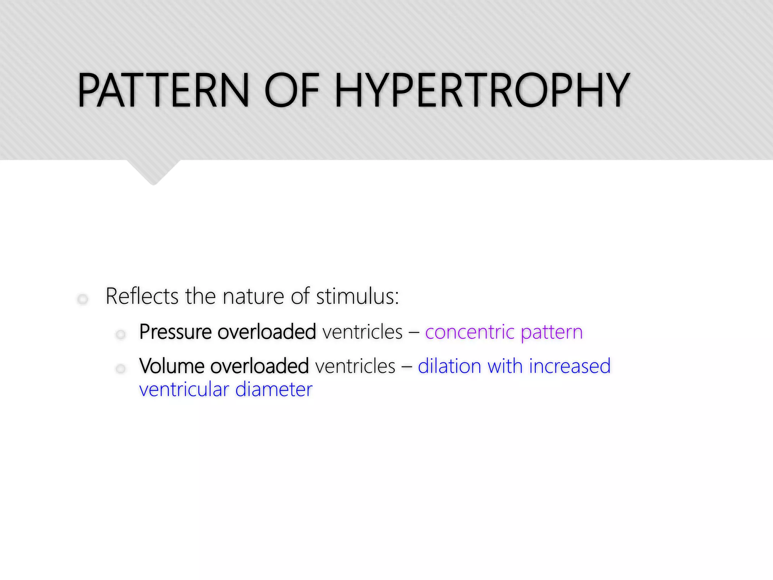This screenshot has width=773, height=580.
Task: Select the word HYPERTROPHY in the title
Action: click(482, 91)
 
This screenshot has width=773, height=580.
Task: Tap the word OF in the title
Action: click(292, 91)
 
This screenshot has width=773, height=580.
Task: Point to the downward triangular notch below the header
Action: click(153, 172)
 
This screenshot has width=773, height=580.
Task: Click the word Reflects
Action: click(142, 296)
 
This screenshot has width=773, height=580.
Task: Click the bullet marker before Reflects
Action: click(83, 299)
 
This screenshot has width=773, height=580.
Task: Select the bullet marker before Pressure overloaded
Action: click(120, 335)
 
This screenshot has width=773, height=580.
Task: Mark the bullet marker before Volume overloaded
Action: click(120, 369)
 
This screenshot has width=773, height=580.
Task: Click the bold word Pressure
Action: click(175, 332)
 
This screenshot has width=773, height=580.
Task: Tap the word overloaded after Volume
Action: click(260, 366)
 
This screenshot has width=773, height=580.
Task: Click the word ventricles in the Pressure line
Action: click(362, 332)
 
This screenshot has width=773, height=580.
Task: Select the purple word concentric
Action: click(470, 332)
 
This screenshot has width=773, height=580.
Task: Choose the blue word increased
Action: click(570, 366)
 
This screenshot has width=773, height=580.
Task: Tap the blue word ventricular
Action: click(184, 390)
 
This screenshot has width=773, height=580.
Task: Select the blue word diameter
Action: click(274, 390)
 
